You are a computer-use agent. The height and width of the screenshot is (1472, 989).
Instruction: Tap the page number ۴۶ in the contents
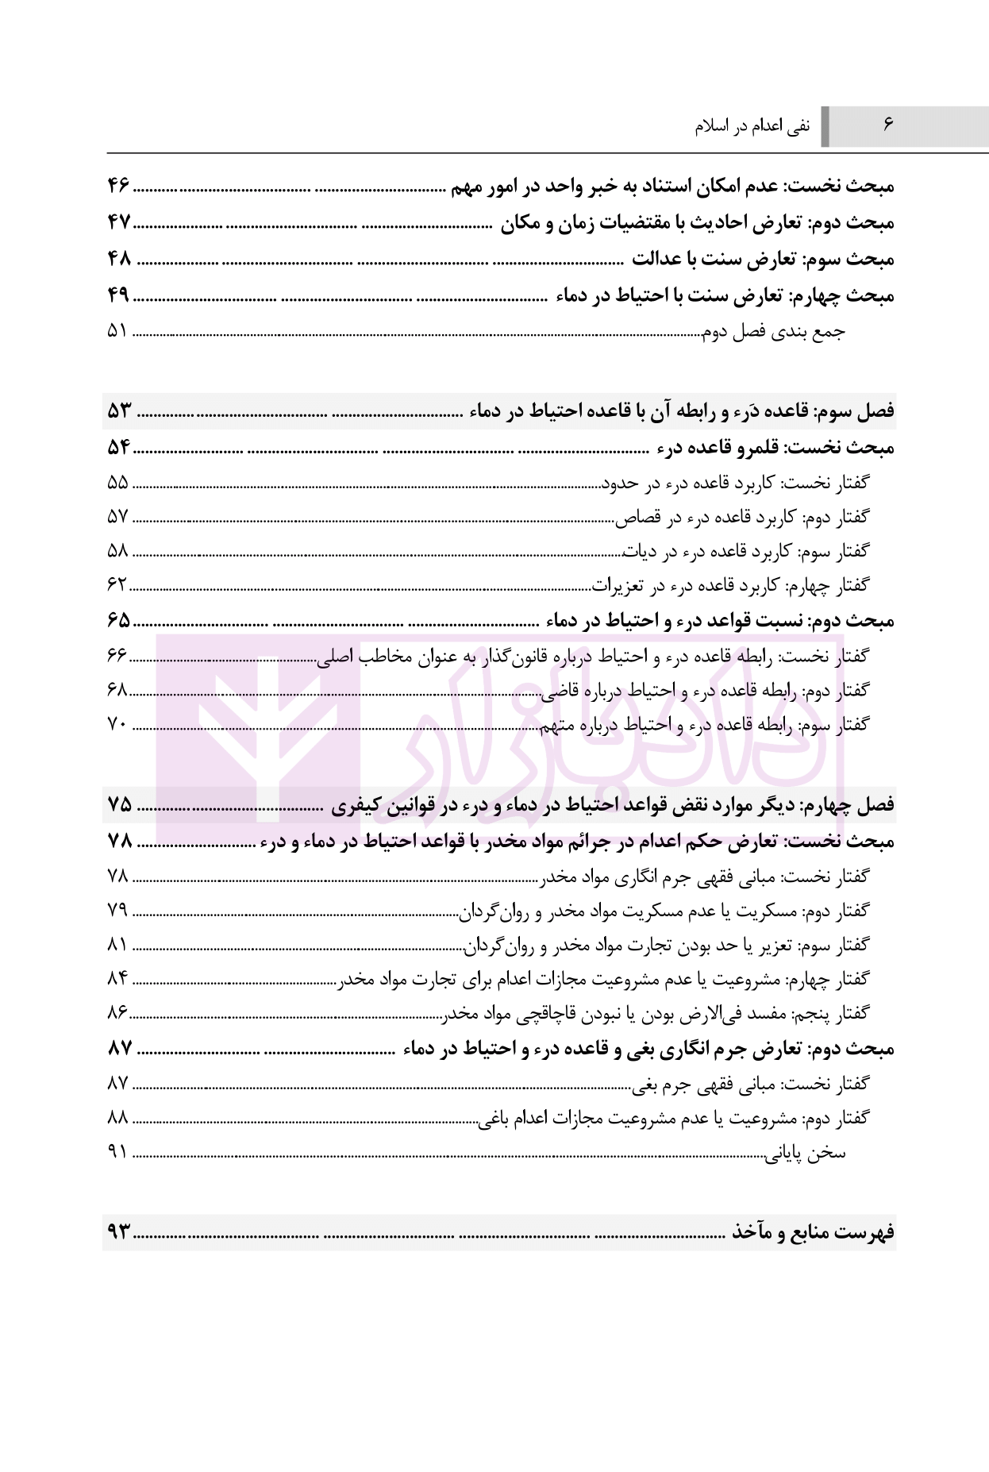[118, 187]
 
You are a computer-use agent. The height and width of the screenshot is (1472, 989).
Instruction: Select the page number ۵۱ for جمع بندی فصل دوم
[117, 330]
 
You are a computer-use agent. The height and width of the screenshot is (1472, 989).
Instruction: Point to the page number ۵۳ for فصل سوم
[118, 410]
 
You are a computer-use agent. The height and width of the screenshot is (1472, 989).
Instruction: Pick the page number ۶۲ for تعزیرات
[117, 585]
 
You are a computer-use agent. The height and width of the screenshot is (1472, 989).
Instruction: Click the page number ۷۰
[117, 724]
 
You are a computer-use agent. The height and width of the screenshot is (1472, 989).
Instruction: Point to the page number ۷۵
[118, 804]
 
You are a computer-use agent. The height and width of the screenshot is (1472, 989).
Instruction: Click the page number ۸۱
[117, 944]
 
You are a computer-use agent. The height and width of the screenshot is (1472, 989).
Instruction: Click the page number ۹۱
[117, 1153]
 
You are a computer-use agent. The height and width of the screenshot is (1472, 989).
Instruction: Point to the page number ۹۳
[118, 1232]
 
